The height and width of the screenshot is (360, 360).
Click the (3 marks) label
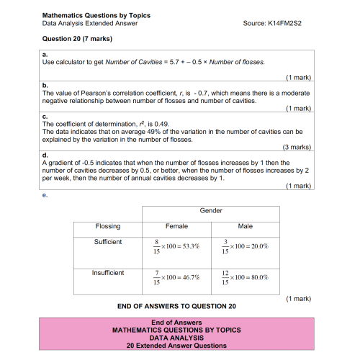tap(296, 146)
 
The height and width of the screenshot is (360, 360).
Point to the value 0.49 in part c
tap(158, 124)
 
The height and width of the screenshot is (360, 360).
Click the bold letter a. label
tap(45, 54)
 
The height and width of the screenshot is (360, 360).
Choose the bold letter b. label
tap(45, 85)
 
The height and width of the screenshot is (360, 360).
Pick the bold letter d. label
tap(45, 155)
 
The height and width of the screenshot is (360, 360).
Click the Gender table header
tap(210, 211)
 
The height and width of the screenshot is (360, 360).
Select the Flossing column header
tap(108, 226)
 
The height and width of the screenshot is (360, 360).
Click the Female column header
tap(176, 226)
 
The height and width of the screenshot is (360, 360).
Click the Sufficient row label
tap(108, 242)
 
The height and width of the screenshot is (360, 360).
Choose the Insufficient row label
tap(108, 273)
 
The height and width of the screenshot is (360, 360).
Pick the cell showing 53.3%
tap(176, 247)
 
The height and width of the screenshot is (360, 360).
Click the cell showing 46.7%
tap(176, 278)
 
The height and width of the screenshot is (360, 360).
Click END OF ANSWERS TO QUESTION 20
tap(176, 306)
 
